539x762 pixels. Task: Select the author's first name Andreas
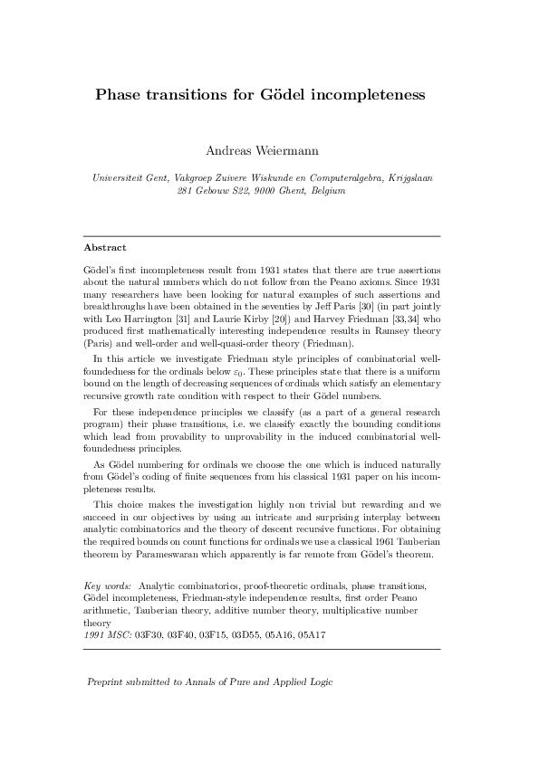[231, 150]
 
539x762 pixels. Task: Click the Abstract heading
[104, 247]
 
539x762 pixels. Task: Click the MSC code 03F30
[148, 636]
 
